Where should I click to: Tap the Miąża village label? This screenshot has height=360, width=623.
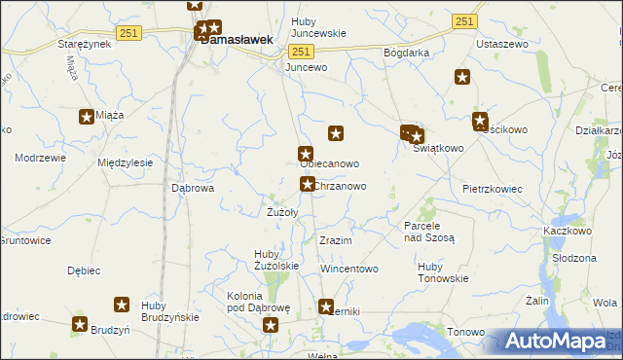111,116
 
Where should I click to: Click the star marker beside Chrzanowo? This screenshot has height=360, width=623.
307,184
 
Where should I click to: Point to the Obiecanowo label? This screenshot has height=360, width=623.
329,163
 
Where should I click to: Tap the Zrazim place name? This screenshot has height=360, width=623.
335,240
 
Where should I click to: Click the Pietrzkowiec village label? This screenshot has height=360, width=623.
493,188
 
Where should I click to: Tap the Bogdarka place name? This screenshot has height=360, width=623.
407,52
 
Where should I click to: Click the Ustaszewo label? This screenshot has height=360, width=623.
500,45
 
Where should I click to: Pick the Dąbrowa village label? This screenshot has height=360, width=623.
192,188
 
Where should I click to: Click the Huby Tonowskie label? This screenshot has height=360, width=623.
442,271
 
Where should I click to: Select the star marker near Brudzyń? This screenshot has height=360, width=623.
80,325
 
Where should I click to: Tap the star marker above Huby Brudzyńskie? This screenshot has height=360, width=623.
123,305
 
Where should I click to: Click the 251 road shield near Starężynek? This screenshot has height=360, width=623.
128,33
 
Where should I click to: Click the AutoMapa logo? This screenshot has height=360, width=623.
553,342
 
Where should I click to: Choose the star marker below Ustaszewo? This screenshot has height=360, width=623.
461,78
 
